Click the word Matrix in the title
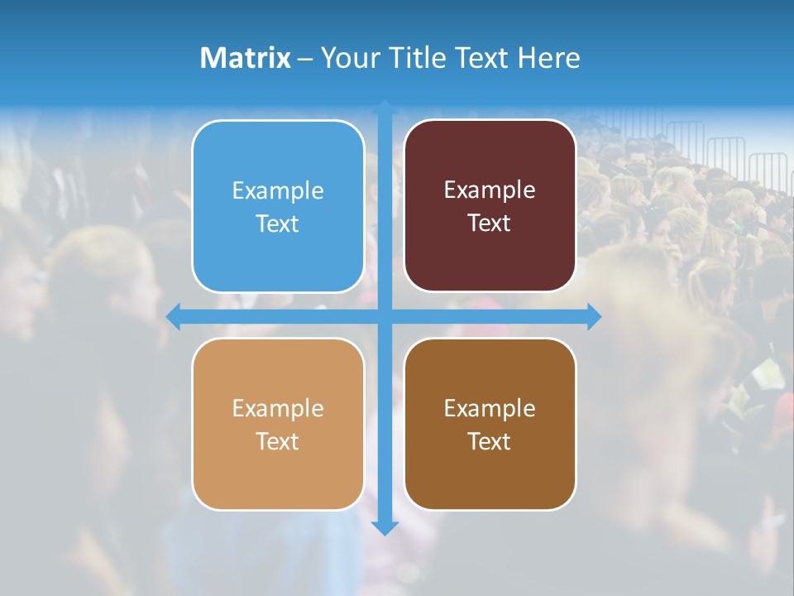tap(245, 58)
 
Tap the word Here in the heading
tap(549, 58)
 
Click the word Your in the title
tap(348, 58)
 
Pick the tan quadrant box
tap(278, 472)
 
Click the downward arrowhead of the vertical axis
tap(385, 527)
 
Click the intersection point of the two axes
tap(385, 317)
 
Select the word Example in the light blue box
tap(278, 191)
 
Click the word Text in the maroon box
tap(490, 223)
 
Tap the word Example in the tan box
tap(278, 409)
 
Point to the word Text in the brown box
tap(490, 442)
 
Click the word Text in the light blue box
tap(278, 224)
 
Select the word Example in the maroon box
tap(490, 190)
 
